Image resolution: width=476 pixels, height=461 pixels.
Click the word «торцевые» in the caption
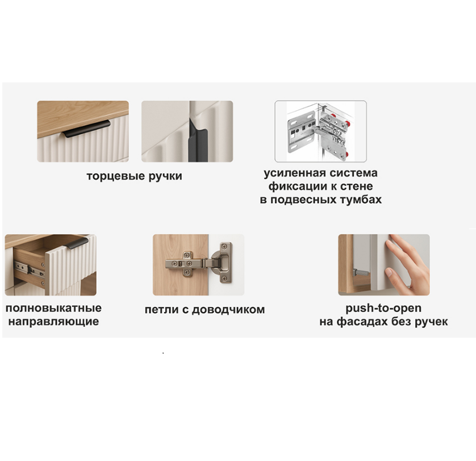coord(116,177)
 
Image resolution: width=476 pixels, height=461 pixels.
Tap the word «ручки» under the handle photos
coord(165,177)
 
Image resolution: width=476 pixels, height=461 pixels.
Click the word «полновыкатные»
coord(54,308)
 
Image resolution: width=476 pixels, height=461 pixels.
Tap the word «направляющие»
coord(54,322)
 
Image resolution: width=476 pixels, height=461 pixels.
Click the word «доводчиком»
coord(228,310)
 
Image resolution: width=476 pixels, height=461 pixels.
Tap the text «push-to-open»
coord(383,308)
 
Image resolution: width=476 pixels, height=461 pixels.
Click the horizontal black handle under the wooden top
coord(87,128)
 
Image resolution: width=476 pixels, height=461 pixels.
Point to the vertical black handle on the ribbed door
coord(197,140)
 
